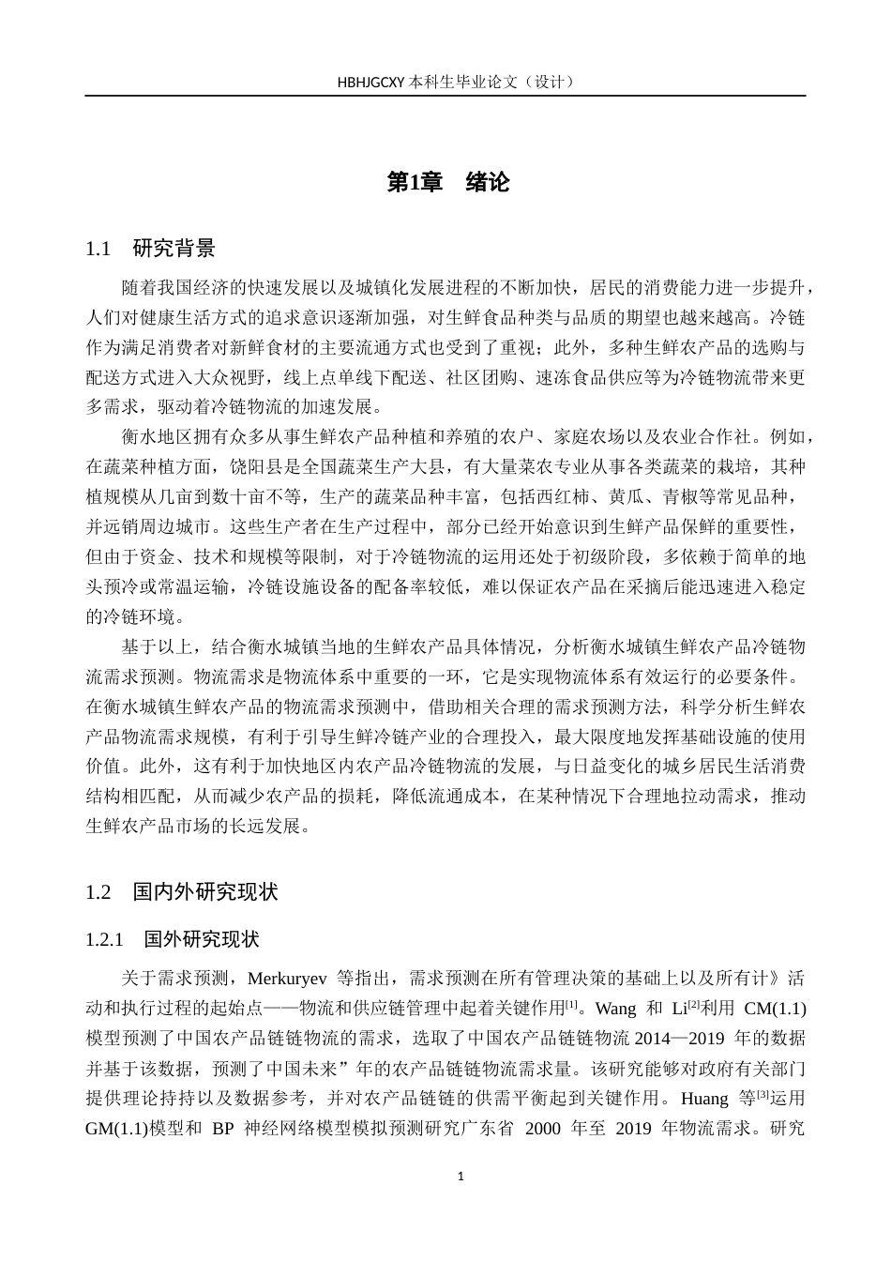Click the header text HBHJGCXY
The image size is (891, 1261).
point(371,82)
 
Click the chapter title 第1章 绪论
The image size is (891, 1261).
point(448,182)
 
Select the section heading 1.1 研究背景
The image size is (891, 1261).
point(150,249)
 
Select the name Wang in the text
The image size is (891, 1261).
point(616,1009)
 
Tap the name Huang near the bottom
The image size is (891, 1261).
point(703,1099)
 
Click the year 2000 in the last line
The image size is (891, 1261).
point(542,1129)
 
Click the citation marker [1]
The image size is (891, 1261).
point(571,1005)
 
